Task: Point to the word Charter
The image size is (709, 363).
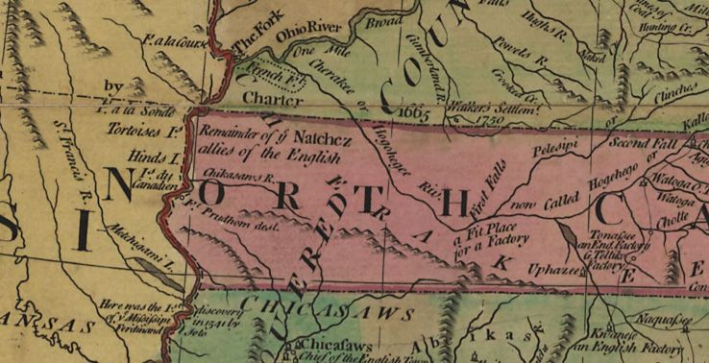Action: coord(265,97)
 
